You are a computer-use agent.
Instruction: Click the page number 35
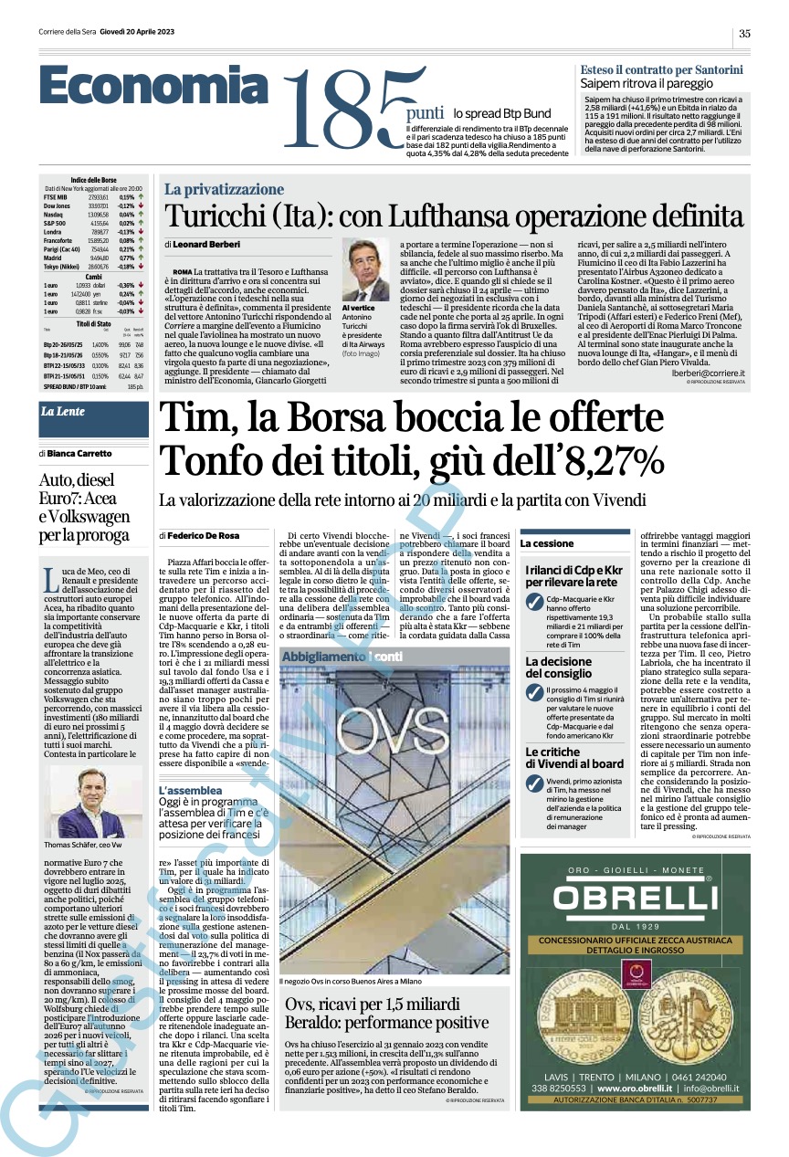pos(744,33)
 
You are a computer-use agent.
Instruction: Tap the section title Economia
pos(155,89)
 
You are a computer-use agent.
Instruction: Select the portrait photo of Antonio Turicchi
pos(366,270)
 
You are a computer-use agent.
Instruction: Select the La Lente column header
pos(62,412)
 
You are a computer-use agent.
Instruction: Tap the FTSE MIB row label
pos(54,196)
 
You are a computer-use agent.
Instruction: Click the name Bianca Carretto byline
pos(80,453)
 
